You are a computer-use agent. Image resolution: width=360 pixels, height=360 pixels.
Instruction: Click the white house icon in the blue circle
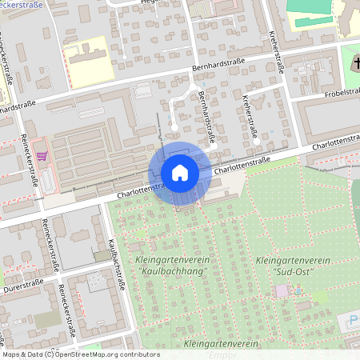click(x=180, y=173)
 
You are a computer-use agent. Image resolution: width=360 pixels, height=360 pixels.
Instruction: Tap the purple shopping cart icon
click(x=42, y=156)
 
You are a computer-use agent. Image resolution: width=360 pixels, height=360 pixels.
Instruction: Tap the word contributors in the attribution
click(x=139, y=354)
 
